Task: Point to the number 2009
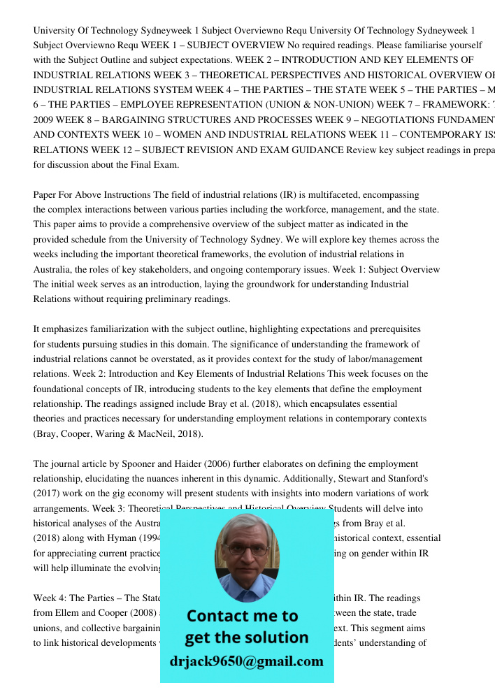(43, 120)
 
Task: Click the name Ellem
(70, 613)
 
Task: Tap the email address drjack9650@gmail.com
(246, 661)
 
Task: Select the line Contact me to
(242, 616)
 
